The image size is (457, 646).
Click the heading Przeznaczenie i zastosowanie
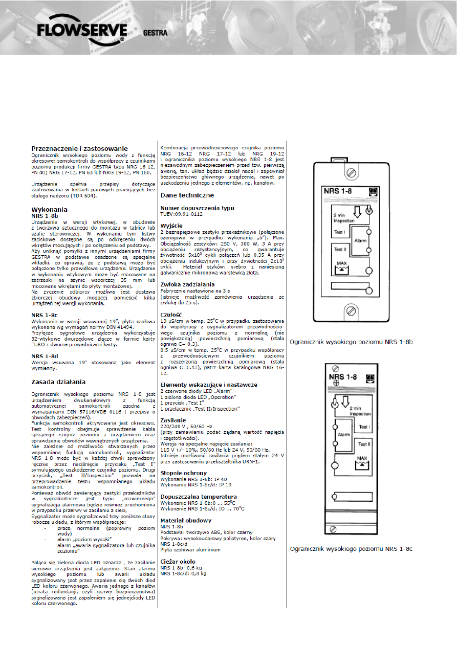pyautogui.click(x=80, y=148)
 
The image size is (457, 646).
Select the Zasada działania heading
pyautogui.click(x=58, y=382)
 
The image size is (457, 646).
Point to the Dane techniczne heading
pyautogui.click(x=187, y=195)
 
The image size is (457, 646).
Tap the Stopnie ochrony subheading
pyautogui.click(x=183, y=474)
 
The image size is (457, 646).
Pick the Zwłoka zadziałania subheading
pyautogui.click(x=187, y=284)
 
